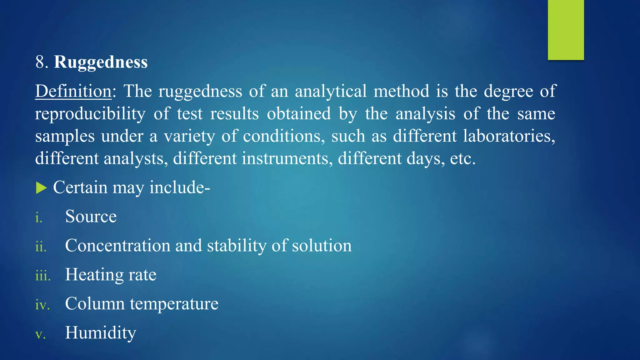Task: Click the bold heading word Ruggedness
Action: click(x=101, y=62)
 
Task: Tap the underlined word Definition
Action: click(x=73, y=91)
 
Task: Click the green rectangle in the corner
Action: click(x=566, y=30)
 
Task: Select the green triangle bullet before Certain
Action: click(x=41, y=188)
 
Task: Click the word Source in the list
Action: click(x=91, y=216)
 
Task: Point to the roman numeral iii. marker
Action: click(x=43, y=276)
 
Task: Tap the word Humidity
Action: click(x=101, y=332)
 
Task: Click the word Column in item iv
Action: click(x=95, y=303)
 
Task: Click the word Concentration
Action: click(x=117, y=245)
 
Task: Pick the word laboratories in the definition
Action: click(x=509, y=136)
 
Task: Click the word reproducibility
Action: click(x=90, y=114)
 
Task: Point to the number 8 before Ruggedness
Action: click(x=40, y=62)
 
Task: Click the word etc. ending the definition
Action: click(x=462, y=158)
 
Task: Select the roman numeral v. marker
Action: click(x=40, y=334)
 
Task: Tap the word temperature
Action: click(x=174, y=304)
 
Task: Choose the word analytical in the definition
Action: click(x=331, y=91)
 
